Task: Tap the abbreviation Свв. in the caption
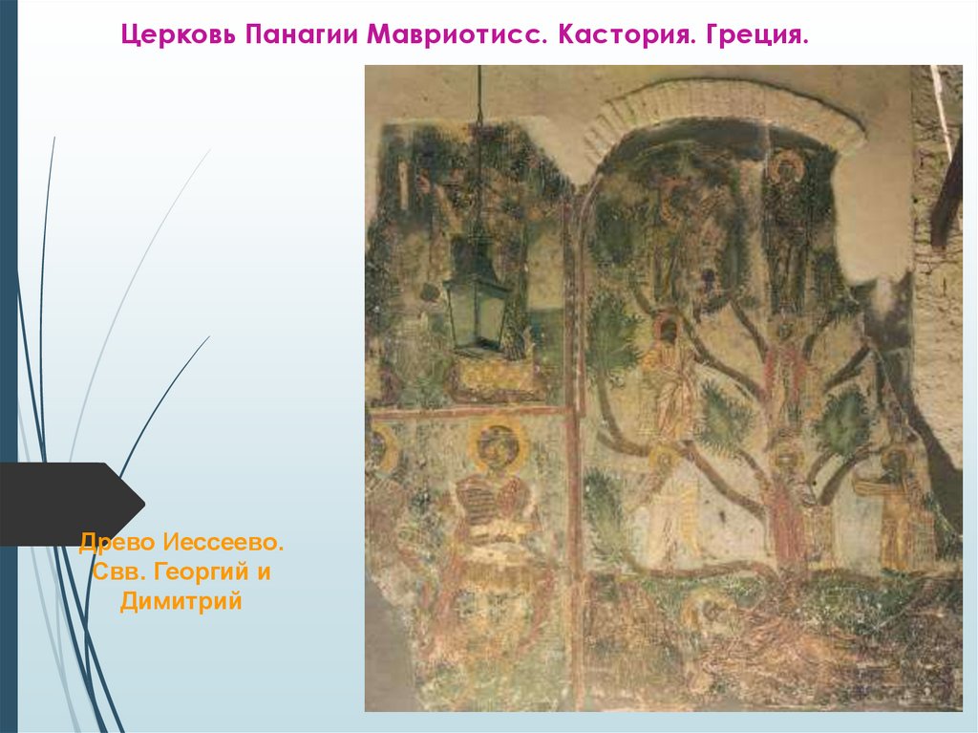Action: tap(114, 573)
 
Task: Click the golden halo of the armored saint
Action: tap(498, 444)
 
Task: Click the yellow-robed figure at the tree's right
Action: tap(896, 507)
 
